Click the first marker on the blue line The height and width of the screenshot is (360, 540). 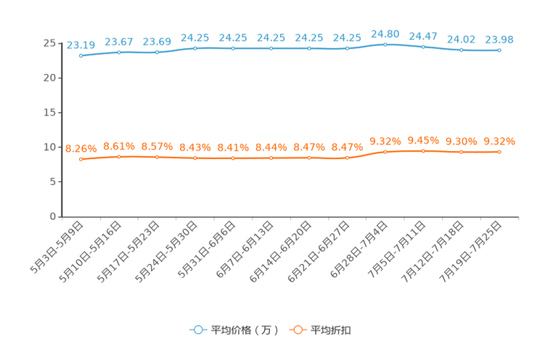point(81,55)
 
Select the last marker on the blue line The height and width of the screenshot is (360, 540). point(499,51)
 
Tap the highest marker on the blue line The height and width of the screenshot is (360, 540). point(385,44)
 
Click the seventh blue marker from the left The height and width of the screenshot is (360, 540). point(309,49)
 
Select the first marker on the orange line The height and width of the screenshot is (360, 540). point(81,159)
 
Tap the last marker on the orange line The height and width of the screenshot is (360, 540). point(499,152)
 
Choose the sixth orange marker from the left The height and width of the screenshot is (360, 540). point(271,157)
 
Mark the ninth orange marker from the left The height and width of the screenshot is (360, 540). point(385,152)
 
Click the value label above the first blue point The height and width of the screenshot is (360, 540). point(81,45)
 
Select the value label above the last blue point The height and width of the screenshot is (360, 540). point(499,40)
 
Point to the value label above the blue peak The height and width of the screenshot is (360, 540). point(385,33)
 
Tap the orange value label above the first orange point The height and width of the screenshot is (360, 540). point(81,149)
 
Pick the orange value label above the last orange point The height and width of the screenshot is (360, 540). point(499,142)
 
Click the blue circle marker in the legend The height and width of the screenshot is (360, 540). point(197,330)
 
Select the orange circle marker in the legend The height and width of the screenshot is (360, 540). point(297,330)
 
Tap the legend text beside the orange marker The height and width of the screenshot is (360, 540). point(332,330)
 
